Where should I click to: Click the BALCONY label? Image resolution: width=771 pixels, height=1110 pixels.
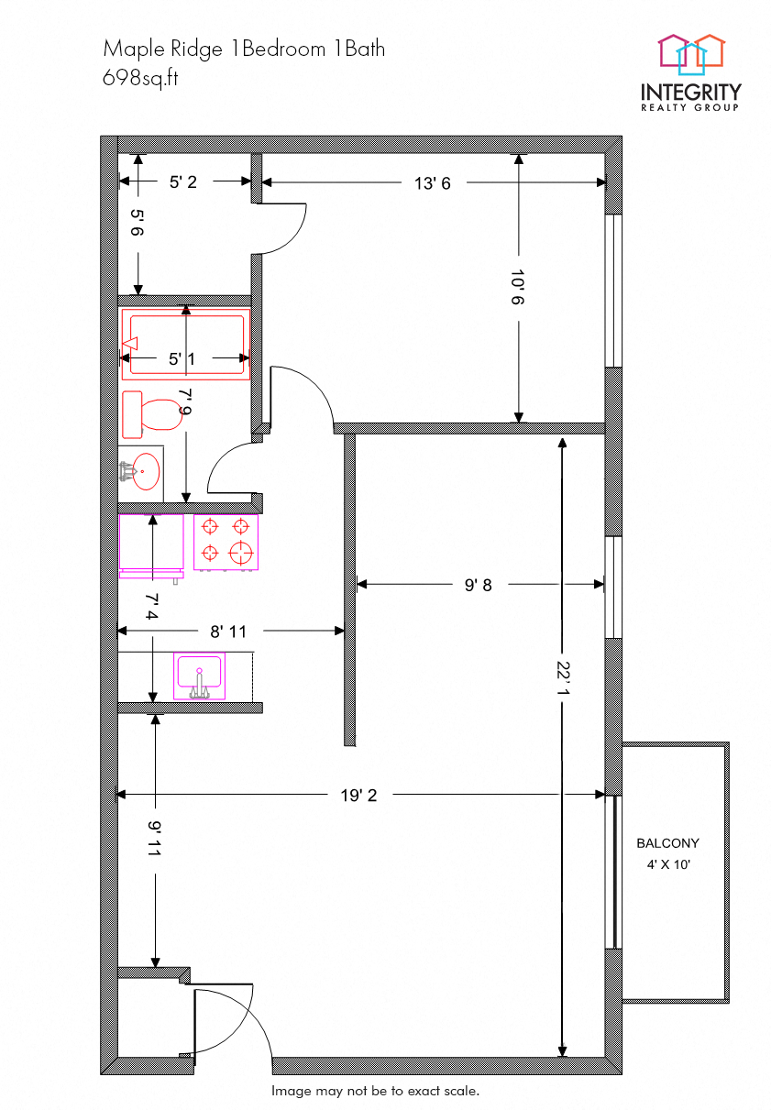(667, 843)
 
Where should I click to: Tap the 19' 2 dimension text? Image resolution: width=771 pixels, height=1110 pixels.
(358, 796)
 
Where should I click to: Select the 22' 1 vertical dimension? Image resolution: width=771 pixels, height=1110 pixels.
(562, 684)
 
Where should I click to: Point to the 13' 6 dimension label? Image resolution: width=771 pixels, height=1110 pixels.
(433, 183)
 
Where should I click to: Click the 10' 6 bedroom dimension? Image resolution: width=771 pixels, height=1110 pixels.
(519, 287)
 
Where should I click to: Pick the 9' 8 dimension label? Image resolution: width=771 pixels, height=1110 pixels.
(478, 585)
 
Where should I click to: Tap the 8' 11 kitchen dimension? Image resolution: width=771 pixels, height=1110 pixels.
(228, 631)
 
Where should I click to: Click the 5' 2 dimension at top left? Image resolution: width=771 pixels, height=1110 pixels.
(182, 182)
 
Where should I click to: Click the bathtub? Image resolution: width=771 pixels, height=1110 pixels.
(186, 345)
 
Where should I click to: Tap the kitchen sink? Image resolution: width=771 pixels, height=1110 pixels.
(199, 676)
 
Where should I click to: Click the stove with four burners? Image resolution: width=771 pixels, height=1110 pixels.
(226, 542)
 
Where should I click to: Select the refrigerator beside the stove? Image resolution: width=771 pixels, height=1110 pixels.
(151, 544)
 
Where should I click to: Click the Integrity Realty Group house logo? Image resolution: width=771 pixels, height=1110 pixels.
(691, 53)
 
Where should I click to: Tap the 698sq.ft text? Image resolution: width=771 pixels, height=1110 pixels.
(140, 78)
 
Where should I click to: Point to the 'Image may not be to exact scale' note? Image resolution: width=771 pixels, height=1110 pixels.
(375, 1091)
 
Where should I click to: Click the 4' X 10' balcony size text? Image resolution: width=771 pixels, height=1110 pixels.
(667, 863)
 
